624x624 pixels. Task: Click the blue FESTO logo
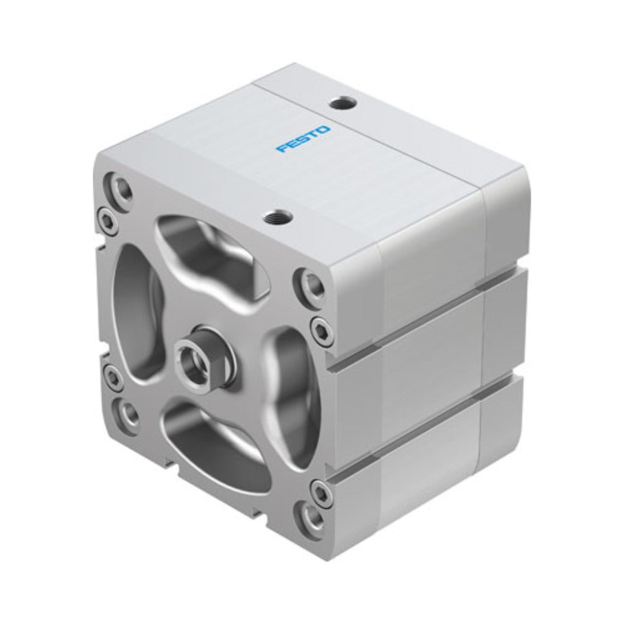[303, 140]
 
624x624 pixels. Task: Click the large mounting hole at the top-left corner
[120, 188]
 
